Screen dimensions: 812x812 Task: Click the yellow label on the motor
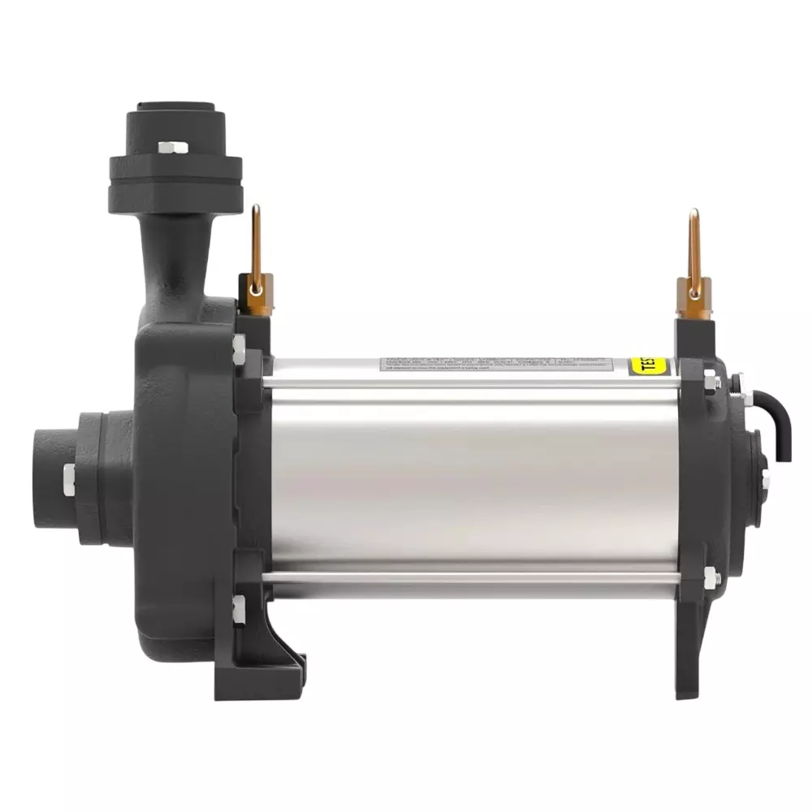tap(649, 365)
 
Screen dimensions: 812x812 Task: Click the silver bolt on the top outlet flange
tap(173, 148)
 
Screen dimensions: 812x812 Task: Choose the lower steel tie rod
tap(471, 576)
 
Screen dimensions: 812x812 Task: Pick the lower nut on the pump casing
tap(239, 609)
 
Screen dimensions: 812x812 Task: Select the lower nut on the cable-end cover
tap(711, 577)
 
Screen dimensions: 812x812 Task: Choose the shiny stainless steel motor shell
tap(471, 479)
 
